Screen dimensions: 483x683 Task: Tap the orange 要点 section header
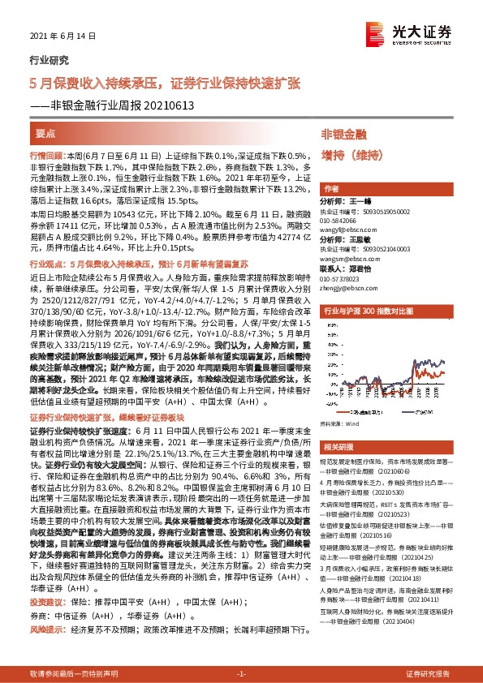[x=46, y=132]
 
